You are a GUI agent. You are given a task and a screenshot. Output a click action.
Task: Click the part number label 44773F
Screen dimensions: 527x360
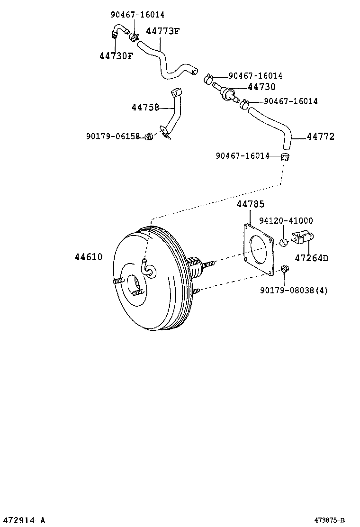[x=163, y=31]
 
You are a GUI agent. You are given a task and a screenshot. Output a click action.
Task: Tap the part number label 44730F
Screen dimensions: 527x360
[x=116, y=56]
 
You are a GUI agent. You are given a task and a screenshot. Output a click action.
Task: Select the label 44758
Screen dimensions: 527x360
[x=145, y=108]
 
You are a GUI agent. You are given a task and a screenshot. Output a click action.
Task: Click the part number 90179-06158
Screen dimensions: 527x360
[x=113, y=136]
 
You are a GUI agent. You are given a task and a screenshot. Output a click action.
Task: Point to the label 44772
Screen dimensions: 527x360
[x=321, y=137]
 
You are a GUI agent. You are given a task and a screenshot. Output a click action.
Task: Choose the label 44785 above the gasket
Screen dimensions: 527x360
[x=250, y=204]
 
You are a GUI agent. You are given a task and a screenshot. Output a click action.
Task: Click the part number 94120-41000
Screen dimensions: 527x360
[x=286, y=221]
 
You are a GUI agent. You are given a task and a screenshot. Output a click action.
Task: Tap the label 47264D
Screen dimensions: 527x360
[x=312, y=258]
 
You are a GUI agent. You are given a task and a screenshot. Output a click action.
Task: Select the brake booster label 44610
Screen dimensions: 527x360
[x=88, y=257]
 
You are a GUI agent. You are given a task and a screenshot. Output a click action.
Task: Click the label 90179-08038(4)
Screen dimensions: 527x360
[x=294, y=290]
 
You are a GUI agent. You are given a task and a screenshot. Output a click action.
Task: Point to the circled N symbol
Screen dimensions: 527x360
[x=283, y=243]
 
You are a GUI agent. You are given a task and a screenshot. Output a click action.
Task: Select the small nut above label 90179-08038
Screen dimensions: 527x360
[x=285, y=270]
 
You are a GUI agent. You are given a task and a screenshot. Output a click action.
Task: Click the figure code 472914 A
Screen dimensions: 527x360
[x=23, y=520]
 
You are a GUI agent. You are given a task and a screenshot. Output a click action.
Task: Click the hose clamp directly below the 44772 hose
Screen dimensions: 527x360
[x=285, y=157]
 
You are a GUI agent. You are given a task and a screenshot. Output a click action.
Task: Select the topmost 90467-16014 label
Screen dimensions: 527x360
[x=138, y=15]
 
